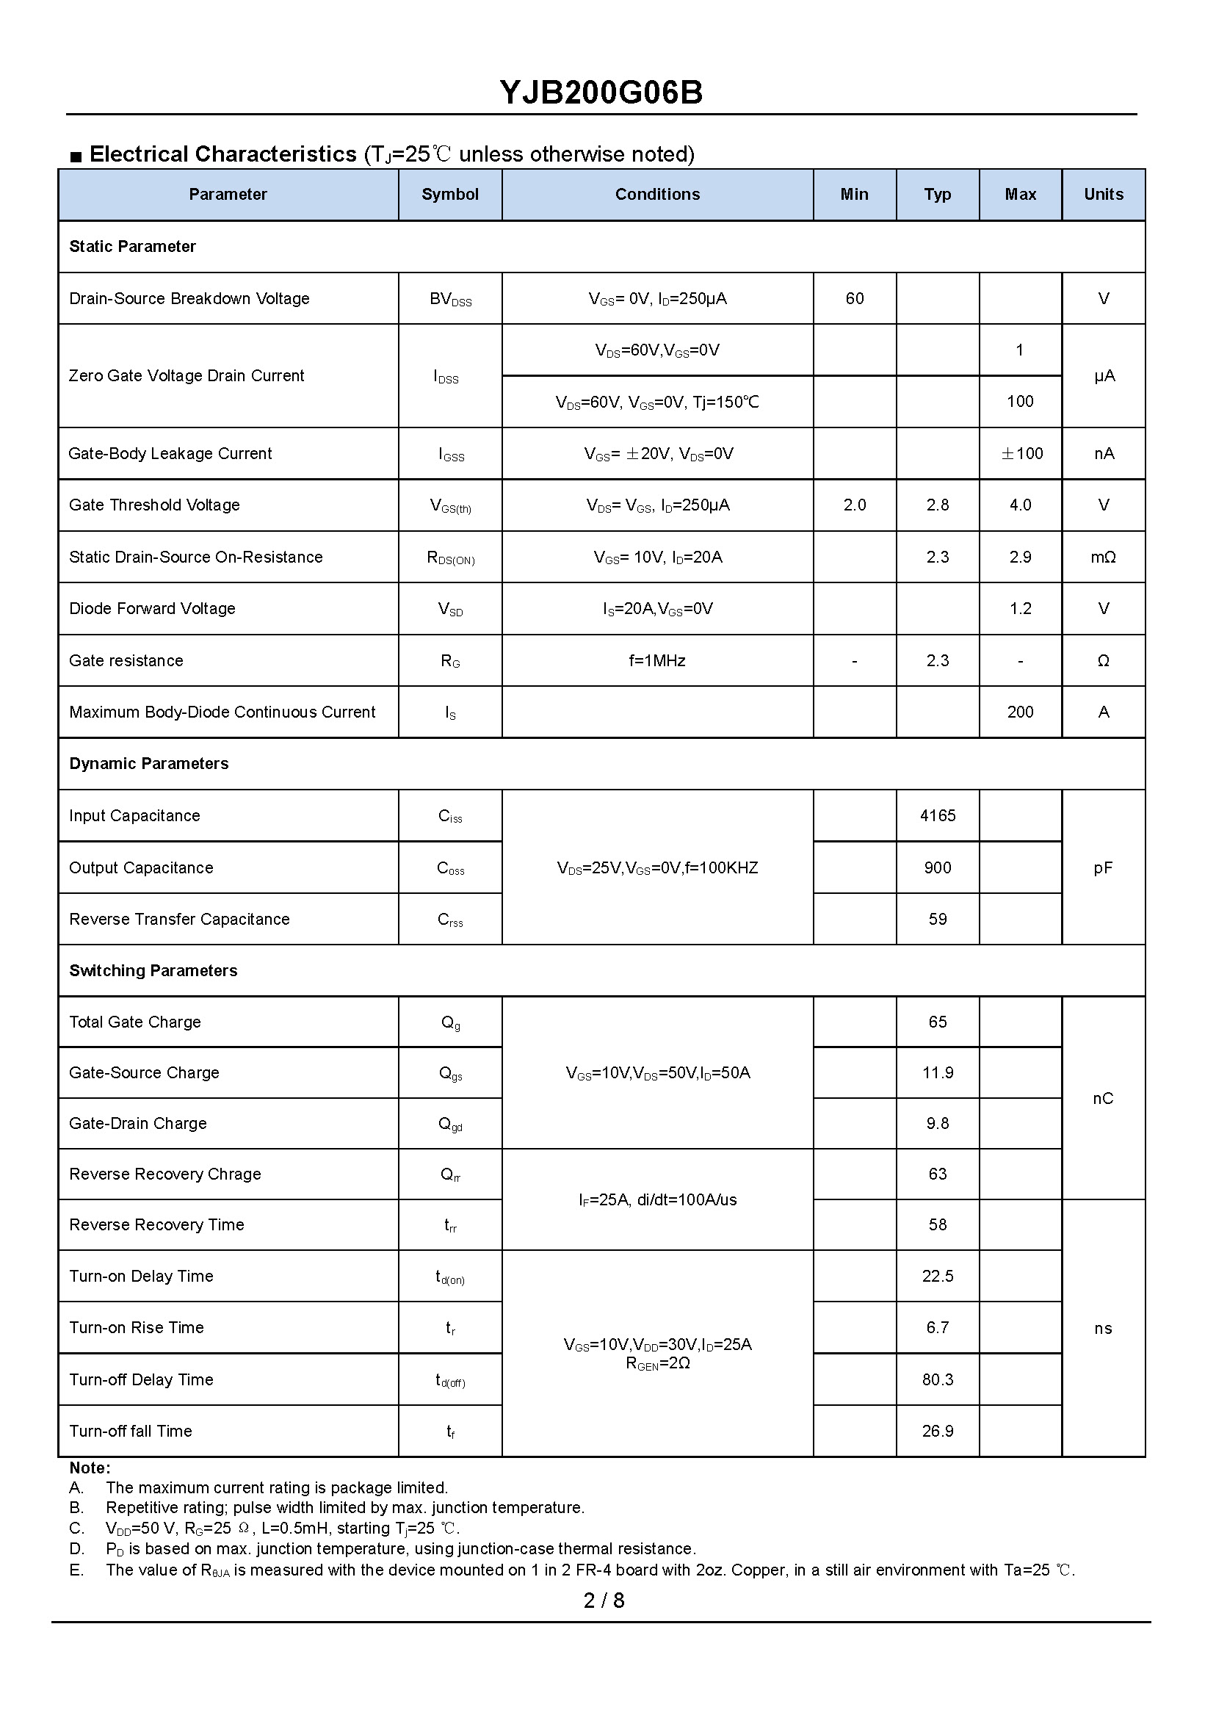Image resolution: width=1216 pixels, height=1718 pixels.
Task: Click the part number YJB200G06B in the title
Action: (x=601, y=93)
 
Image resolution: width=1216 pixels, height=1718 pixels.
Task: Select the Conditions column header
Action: (x=656, y=195)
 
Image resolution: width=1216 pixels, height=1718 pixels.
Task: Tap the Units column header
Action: (x=1103, y=195)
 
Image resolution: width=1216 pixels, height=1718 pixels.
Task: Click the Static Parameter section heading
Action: (x=132, y=246)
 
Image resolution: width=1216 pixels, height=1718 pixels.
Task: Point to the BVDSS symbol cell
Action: (x=450, y=299)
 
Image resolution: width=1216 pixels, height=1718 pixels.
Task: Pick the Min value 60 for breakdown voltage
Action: (x=854, y=299)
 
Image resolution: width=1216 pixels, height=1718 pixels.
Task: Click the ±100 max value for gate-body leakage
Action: (x=1021, y=454)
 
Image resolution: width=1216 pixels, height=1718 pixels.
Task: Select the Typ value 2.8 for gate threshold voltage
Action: (x=937, y=505)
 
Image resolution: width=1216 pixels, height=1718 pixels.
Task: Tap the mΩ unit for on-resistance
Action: (x=1103, y=557)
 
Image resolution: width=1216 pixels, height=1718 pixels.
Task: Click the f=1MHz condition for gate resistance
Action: (x=656, y=660)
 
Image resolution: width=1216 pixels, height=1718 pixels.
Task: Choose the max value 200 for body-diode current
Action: (x=1020, y=712)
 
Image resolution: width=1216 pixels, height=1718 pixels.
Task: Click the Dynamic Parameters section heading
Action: (x=149, y=764)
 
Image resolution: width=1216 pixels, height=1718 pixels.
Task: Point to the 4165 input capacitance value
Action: (x=938, y=815)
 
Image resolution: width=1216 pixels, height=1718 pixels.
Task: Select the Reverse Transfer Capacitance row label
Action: (x=179, y=920)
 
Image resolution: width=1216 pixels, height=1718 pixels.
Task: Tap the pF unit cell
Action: (x=1103, y=868)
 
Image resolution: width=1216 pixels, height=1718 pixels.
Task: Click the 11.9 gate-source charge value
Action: (x=938, y=1073)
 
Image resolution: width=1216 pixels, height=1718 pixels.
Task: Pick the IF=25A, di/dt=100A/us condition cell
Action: (x=656, y=1199)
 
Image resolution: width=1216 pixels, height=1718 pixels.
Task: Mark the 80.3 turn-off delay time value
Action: (x=938, y=1379)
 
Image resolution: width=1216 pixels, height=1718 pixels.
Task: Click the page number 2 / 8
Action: (x=604, y=1600)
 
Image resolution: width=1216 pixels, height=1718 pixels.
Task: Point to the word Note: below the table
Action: (x=89, y=1468)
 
